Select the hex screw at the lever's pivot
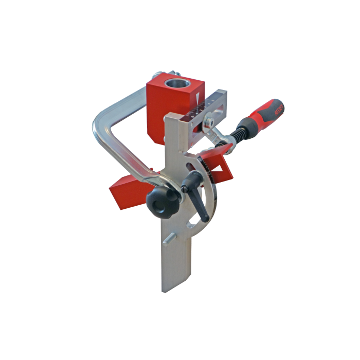[x=184, y=189]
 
